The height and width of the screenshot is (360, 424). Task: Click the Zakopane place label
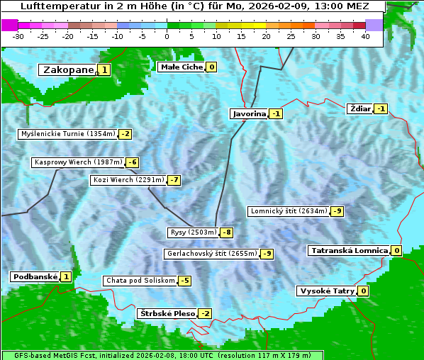(68, 69)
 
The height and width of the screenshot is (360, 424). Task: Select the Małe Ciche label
(182, 67)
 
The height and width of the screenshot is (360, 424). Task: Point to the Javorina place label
(249, 113)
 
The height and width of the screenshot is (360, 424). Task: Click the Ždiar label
(360, 108)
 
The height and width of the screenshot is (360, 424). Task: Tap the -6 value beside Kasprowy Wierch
(133, 162)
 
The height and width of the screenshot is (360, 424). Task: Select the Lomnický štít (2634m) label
(289, 210)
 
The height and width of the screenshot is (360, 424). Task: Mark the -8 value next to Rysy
(227, 232)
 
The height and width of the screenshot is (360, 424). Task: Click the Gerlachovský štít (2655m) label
(211, 253)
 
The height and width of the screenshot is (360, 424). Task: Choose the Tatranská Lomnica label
(349, 250)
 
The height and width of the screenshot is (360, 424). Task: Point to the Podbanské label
(34, 276)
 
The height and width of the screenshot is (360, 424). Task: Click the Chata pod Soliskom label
(139, 281)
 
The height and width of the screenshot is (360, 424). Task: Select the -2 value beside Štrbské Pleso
(206, 313)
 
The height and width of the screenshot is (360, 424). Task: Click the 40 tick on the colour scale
(365, 35)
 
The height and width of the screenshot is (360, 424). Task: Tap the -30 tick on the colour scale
(18, 35)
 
